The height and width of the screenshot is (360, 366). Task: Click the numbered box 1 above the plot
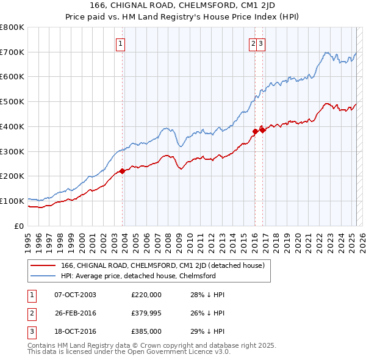(x=121, y=43)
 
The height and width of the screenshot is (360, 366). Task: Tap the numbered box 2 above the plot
(x=253, y=43)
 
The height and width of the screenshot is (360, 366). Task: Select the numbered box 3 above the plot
(x=260, y=43)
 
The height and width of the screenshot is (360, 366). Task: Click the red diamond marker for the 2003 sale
(x=122, y=171)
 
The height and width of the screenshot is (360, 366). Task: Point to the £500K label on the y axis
(x=12, y=102)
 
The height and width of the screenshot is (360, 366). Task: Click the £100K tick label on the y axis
(x=12, y=201)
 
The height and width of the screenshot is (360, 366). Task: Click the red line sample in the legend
(x=43, y=265)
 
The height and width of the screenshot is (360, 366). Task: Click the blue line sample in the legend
(x=43, y=276)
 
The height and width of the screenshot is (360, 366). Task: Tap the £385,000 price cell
(x=146, y=331)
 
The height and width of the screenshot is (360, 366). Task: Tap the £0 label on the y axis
(x=18, y=226)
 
